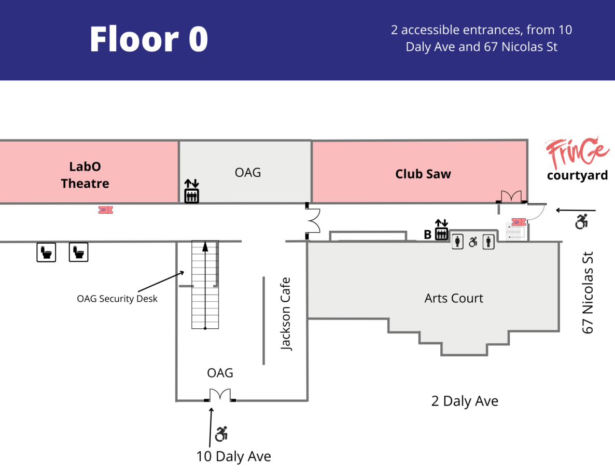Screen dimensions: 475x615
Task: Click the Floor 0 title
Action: tap(148, 39)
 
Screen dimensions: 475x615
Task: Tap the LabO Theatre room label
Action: tap(85, 175)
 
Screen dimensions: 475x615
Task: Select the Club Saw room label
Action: tap(423, 174)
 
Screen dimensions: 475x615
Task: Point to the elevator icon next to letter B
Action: tap(441, 234)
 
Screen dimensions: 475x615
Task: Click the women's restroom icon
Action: tap(457, 242)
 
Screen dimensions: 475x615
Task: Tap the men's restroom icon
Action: tap(488, 242)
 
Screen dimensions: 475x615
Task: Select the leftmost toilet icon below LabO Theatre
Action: tap(46, 253)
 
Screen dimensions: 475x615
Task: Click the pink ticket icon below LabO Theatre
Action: tap(105, 209)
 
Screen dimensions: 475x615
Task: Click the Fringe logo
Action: tap(576, 151)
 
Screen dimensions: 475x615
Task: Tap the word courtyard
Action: tap(577, 175)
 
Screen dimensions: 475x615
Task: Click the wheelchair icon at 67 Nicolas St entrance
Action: tap(582, 222)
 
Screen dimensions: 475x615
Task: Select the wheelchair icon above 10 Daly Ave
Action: tap(222, 434)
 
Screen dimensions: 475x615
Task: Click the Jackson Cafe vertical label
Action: tap(286, 314)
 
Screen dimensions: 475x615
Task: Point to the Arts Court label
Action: tap(454, 298)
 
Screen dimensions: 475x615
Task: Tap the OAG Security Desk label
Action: tap(117, 298)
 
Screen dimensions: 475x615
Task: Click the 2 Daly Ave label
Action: tap(465, 401)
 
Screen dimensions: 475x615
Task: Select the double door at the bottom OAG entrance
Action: tap(220, 395)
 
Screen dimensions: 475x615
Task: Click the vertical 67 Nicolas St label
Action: tap(588, 292)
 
